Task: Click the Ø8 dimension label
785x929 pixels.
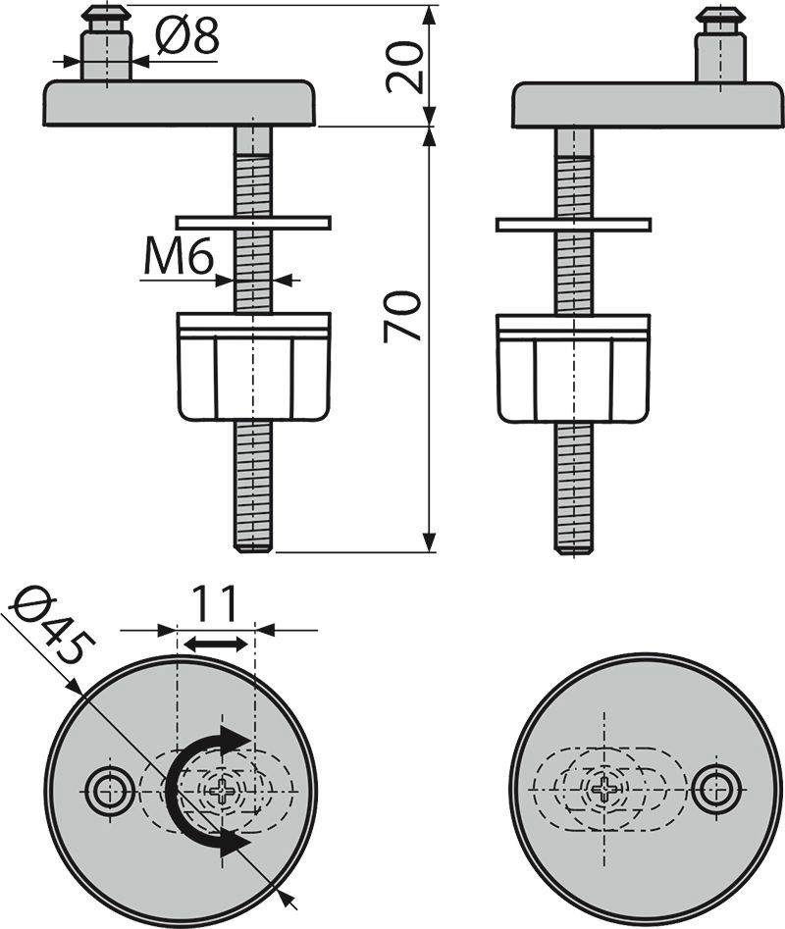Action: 187,35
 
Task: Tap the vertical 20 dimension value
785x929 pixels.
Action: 406,67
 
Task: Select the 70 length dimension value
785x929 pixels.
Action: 402,316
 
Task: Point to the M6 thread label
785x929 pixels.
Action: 179,258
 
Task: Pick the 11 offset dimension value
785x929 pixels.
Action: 215,603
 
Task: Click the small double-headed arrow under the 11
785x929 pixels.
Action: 215,644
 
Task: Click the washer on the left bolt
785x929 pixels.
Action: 253,222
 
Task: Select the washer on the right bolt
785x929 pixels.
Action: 573,225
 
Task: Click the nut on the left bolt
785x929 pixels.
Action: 253,367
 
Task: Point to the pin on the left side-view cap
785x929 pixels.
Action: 107,43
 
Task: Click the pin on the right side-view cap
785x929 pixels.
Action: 721,45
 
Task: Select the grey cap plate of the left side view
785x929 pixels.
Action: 179,103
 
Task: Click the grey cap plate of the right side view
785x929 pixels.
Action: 648,105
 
